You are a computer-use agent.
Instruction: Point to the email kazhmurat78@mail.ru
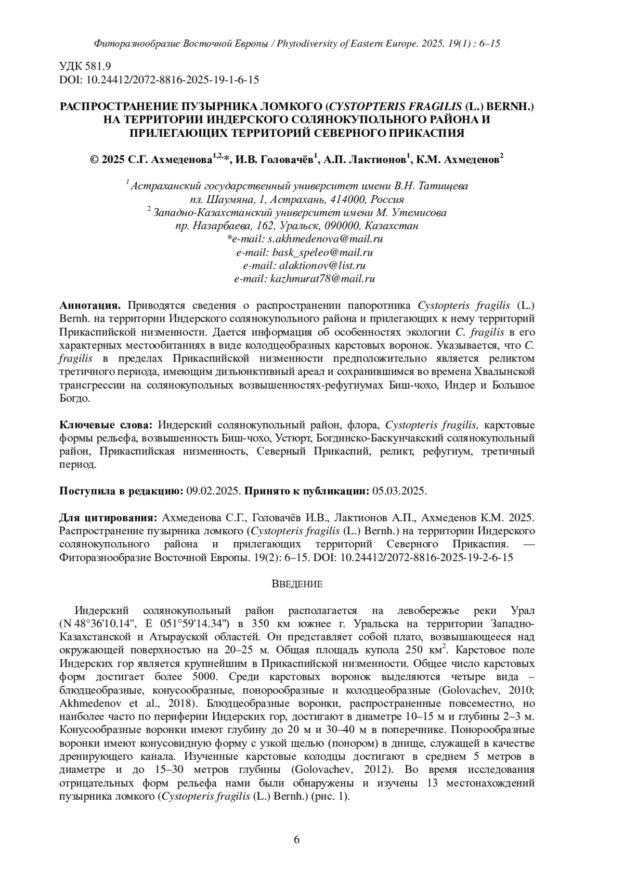tap(322, 279)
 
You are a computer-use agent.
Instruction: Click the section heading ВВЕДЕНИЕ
tap(297, 584)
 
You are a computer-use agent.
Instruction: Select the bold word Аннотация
tap(92, 305)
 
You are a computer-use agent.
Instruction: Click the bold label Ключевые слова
tap(107, 425)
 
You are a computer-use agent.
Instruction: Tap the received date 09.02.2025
tap(213, 491)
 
